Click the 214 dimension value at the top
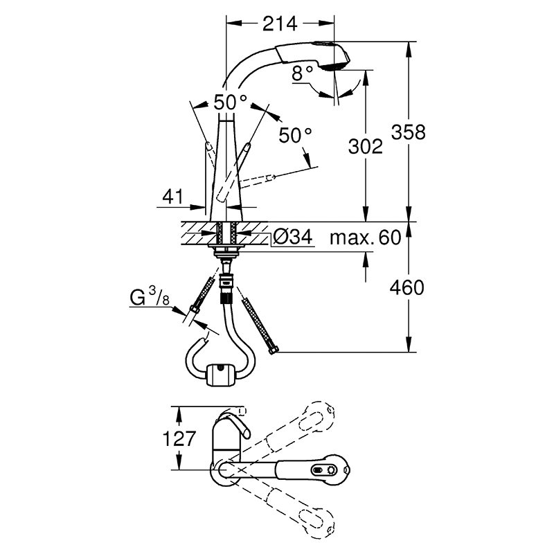click(x=280, y=24)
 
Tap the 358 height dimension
click(x=408, y=132)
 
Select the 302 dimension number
click(x=366, y=146)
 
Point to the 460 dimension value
click(x=406, y=287)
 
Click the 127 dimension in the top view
click(x=179, y=438)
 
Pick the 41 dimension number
click(x=173, y=197)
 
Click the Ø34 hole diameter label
click(x=293, y=236)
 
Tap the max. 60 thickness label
click(x=366, y=238)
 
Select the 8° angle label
click(x=303, y=73)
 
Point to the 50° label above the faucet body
click(x=231, y=102)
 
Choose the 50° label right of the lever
click(x=296, y=135)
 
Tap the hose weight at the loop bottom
click(x=220, y=375)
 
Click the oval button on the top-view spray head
click(x=317, y=470)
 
